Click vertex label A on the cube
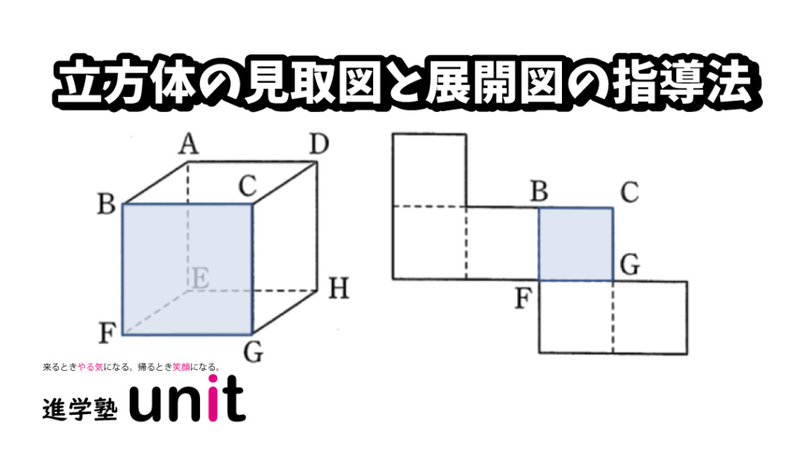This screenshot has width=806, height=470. point(189,144)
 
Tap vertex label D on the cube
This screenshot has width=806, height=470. point(320,144)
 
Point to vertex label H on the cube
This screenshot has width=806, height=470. point(338,288)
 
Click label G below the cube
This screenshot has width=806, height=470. point(253,353)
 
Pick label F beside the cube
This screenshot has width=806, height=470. point(107,333)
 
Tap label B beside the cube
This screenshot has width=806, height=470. point(106,204)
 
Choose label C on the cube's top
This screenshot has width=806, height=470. point(248,186)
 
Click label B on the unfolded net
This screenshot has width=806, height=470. point(538,191)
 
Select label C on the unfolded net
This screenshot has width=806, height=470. point(630,192)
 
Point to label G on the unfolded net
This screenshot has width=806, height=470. point(630,265)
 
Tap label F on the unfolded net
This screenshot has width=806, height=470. point(523,298)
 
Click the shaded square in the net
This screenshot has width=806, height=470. point(575,244)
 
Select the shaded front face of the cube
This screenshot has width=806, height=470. point(187,269)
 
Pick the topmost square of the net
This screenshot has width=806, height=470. point(430,170)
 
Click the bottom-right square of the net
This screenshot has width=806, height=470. point(650,317)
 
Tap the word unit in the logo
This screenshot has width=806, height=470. point(187,399)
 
